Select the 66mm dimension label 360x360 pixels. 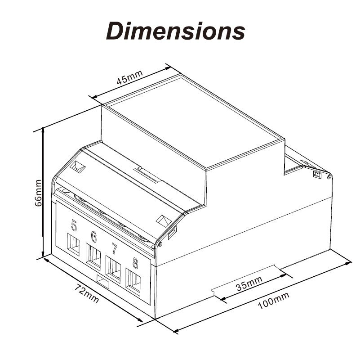(39, 192)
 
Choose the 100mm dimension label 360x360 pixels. (274, 302)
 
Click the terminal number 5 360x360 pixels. (74, 225)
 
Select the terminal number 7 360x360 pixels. (114, 249)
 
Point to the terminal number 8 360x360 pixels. (134, 261)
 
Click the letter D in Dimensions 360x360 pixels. (116, 31)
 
